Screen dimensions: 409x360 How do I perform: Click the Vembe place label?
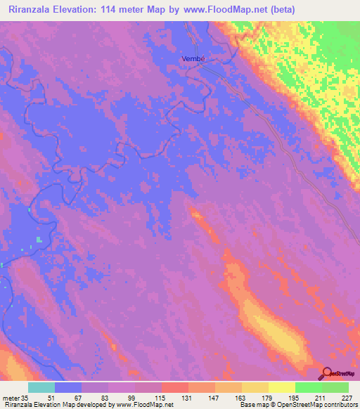193,59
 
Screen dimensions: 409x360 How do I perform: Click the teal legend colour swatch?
41,387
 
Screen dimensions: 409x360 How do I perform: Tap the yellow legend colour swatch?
281,387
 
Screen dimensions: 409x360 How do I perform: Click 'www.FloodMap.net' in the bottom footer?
141,405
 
